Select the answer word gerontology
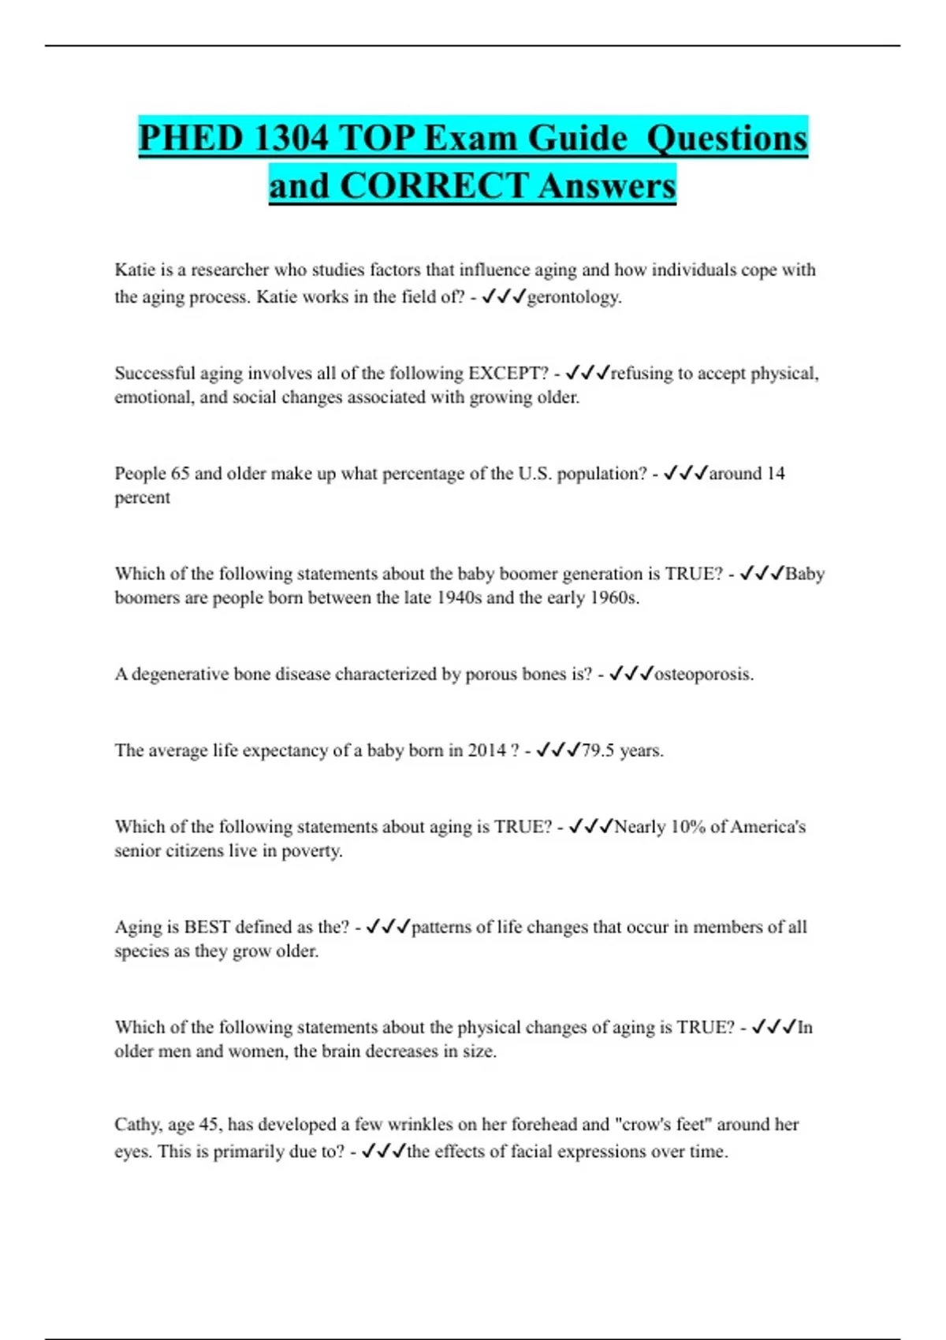573,297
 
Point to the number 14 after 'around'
776,473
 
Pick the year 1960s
614,597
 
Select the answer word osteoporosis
703,674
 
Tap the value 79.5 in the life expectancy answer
598,750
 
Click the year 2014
486,750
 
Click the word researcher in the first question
230,270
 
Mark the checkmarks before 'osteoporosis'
631,674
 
